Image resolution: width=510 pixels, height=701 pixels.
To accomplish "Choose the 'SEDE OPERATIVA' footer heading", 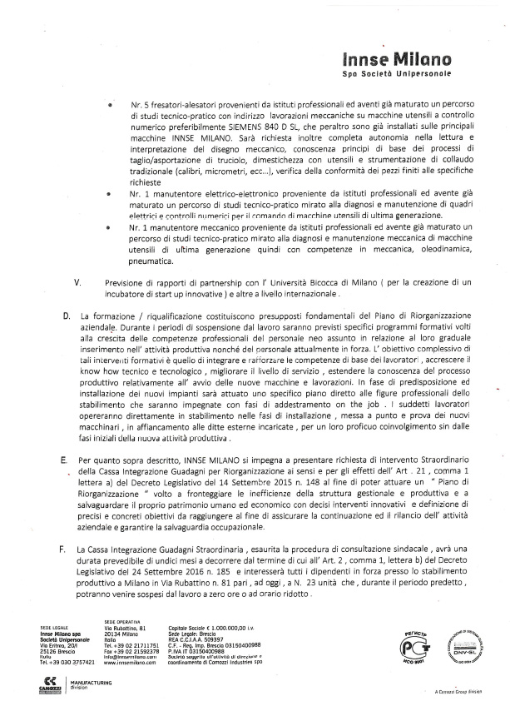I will click(121, 622).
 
